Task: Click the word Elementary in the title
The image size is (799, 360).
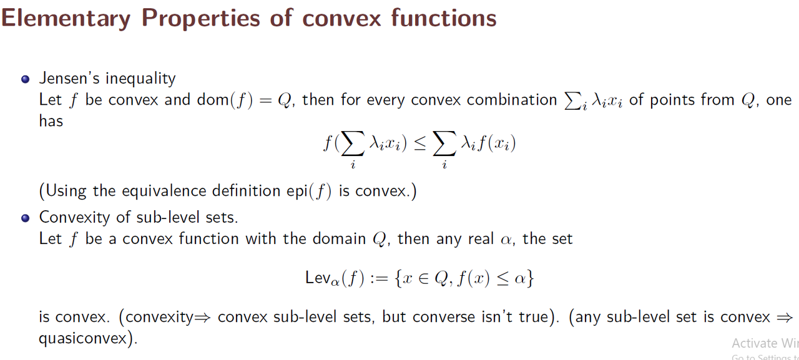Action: pos(66,19)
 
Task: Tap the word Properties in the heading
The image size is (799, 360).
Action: pos(201,19)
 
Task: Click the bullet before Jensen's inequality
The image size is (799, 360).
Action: pos(26,79)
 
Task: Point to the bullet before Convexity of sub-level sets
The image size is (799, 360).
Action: pos(26,218)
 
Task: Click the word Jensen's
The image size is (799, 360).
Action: pos(69,79)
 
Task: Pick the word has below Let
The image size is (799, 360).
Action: pos(51,121)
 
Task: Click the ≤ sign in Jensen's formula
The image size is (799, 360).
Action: pos(419,144)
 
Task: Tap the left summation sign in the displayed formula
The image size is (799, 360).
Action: pos(353,144)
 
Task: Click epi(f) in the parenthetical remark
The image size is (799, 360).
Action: pos(309,192)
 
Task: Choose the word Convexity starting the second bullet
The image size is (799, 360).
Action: pos(74,217)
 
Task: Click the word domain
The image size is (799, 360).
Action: pos(339,239)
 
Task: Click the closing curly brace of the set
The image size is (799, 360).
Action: pos(530,278)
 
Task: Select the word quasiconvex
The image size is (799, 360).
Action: pos(83,338)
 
